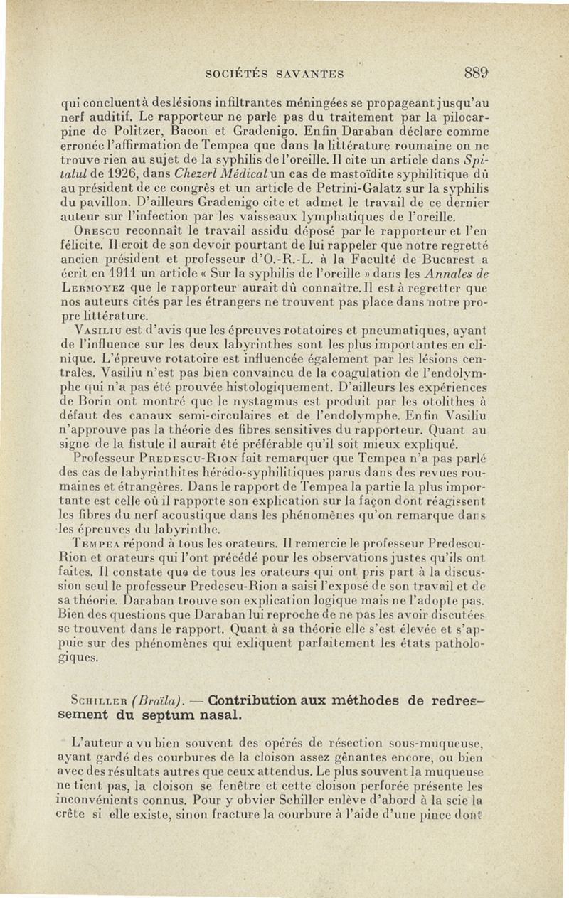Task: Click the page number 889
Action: [476, 72]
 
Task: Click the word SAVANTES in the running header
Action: [310, 73]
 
